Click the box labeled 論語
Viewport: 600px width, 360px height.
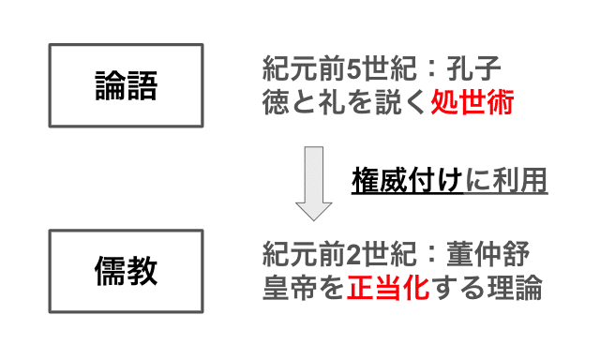click(x=126, y=85)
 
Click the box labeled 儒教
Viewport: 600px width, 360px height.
click(x=126, y=271)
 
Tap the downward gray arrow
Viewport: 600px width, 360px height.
click(x=313, y=182)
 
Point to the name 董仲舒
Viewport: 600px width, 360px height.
click(x=498, y=255)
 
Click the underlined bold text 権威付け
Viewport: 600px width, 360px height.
click(x=408, y=179)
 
